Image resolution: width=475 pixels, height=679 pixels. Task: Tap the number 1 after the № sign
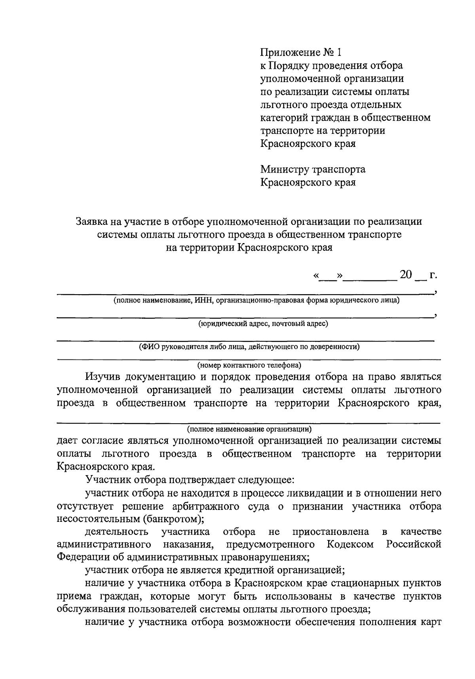coord(338,52)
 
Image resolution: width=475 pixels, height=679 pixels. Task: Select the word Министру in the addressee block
coord(284,169)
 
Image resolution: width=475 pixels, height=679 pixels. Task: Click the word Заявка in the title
coord(93,222)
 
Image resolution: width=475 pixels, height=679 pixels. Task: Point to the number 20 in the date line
coord(406,274)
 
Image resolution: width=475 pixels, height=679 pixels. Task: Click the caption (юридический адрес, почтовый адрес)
coord(263,323)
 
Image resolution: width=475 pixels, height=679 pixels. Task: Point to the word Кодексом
coord(350,544)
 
